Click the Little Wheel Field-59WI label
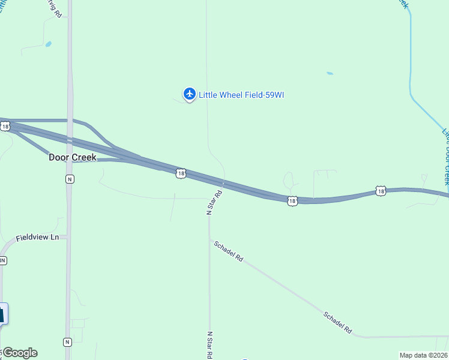pyautogui.click(x=241, y=94)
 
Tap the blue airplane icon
pyautogui.click(x=190, y=94)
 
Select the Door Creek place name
pyautogui.click(x=72, y=157)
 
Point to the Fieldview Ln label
pyautogui.click(x=38, y=238)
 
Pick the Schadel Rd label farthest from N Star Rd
pyautogui.click(x=337, y=323)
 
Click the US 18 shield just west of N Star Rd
pyautogui.click(x=181, y=173)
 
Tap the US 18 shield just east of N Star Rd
pyautogui.click(x=292, y=201)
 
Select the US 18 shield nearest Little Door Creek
pyautogui.click(x=381, y=191)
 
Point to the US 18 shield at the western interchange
pyautogui.click(x=5, y=126)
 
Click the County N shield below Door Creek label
pyautogui.click(x=70, y=179)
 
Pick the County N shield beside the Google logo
pyautogui.click(x=67, y=341)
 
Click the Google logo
pyautogui.click(x=20, y=353)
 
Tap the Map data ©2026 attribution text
pyautogui.click(x=424, y=355)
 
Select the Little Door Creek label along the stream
pyautogui.click(x=445, y=156)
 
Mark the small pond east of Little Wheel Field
pyautogui.click(x=330, y=73)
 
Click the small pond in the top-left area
pyautogui.click(x=48, y=44)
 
